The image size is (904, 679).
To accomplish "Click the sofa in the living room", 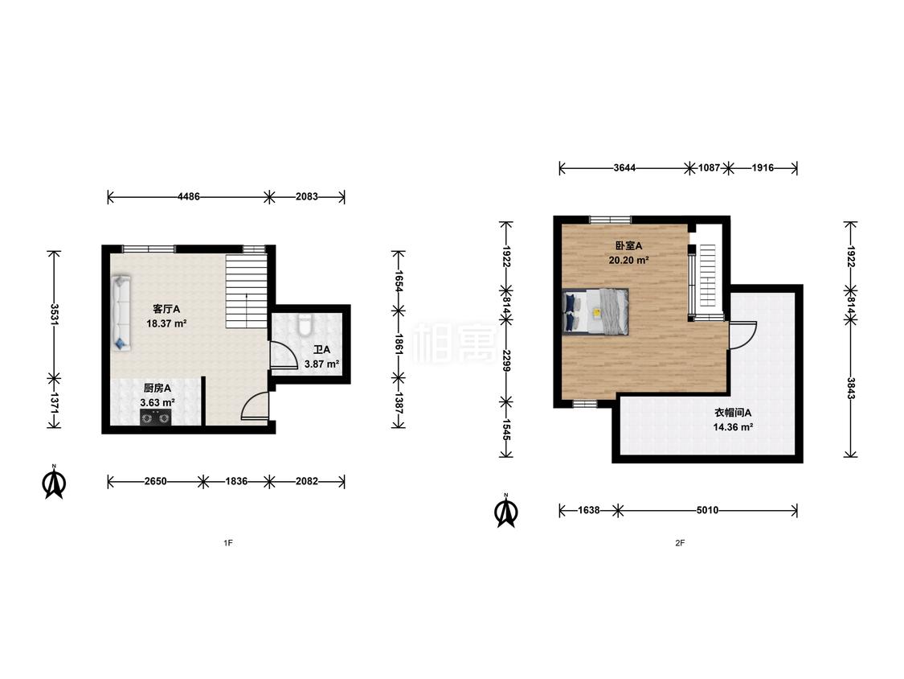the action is pos(121,314).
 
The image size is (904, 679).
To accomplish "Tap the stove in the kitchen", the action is pos(156,418).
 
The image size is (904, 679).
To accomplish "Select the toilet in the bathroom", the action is pos(305,325).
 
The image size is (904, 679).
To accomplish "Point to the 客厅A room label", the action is pos(166,310).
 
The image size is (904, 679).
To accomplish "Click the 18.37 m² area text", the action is pos(166,324).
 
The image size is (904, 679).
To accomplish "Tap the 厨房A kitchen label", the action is pos(157,389).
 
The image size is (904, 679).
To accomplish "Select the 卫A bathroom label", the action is pos(321,350).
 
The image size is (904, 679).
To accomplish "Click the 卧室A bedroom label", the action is pos(628,246).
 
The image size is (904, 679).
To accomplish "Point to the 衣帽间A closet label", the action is pos(733,413).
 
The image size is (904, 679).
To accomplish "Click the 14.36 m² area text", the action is pos(733,427).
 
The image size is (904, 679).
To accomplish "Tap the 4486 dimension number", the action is pos(189,197).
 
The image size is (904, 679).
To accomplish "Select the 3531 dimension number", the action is pos(54,315).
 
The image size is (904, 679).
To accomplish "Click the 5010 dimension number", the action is pos(707,510).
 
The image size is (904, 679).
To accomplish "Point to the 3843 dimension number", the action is pos(850,388).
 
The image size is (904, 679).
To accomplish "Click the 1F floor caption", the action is pos(228,543).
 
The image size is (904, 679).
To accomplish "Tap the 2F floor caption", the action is pos(681,543).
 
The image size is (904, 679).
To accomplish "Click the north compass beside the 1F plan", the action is pos(54,482).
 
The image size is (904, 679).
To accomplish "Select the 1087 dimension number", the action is pos(709,168).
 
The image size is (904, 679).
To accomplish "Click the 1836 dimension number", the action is pos(236,481).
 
